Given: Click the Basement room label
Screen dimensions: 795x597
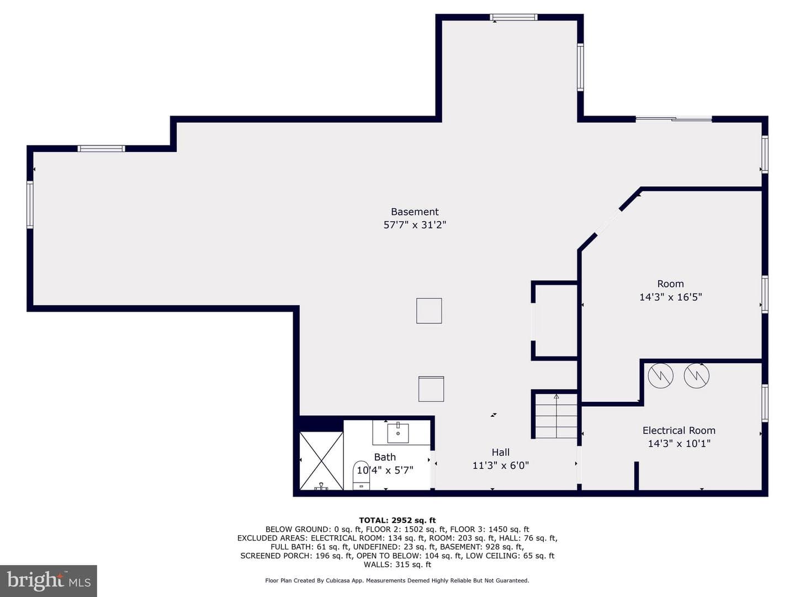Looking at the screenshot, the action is point(415,212).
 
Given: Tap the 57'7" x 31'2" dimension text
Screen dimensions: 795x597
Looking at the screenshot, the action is point(415,225).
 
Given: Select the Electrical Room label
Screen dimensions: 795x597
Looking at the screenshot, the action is point(679,431).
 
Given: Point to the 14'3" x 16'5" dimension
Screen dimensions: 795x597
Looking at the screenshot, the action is point(670,297).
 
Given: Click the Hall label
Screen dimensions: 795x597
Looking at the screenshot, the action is point(501,452).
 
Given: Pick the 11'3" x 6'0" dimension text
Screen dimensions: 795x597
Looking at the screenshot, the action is point(501,465).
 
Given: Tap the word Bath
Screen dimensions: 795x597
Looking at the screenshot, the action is point(385,457).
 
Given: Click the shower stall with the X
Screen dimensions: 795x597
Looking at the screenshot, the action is point(322,460).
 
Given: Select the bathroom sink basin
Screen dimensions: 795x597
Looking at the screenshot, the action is point(398,433).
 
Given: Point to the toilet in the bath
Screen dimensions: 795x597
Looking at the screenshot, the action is point(362,475).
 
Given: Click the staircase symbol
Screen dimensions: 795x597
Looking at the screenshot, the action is point(556,416).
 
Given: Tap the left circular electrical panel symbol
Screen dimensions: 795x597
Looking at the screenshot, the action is point(660,375).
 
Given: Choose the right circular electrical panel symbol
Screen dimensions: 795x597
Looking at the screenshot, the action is point(697,375).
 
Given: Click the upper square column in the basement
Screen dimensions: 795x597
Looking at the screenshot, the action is point(429,311).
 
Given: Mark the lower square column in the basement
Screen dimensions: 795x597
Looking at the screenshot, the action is point(431,389).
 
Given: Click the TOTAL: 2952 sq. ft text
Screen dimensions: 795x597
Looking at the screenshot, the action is point(397,521).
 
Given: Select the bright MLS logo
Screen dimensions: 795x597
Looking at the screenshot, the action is point(49,581).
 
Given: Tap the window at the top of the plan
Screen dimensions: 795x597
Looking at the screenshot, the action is point(513,17).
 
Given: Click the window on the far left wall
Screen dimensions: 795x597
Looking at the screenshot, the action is point(30,205).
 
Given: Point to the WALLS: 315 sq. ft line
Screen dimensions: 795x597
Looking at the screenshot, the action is point(397,564).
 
